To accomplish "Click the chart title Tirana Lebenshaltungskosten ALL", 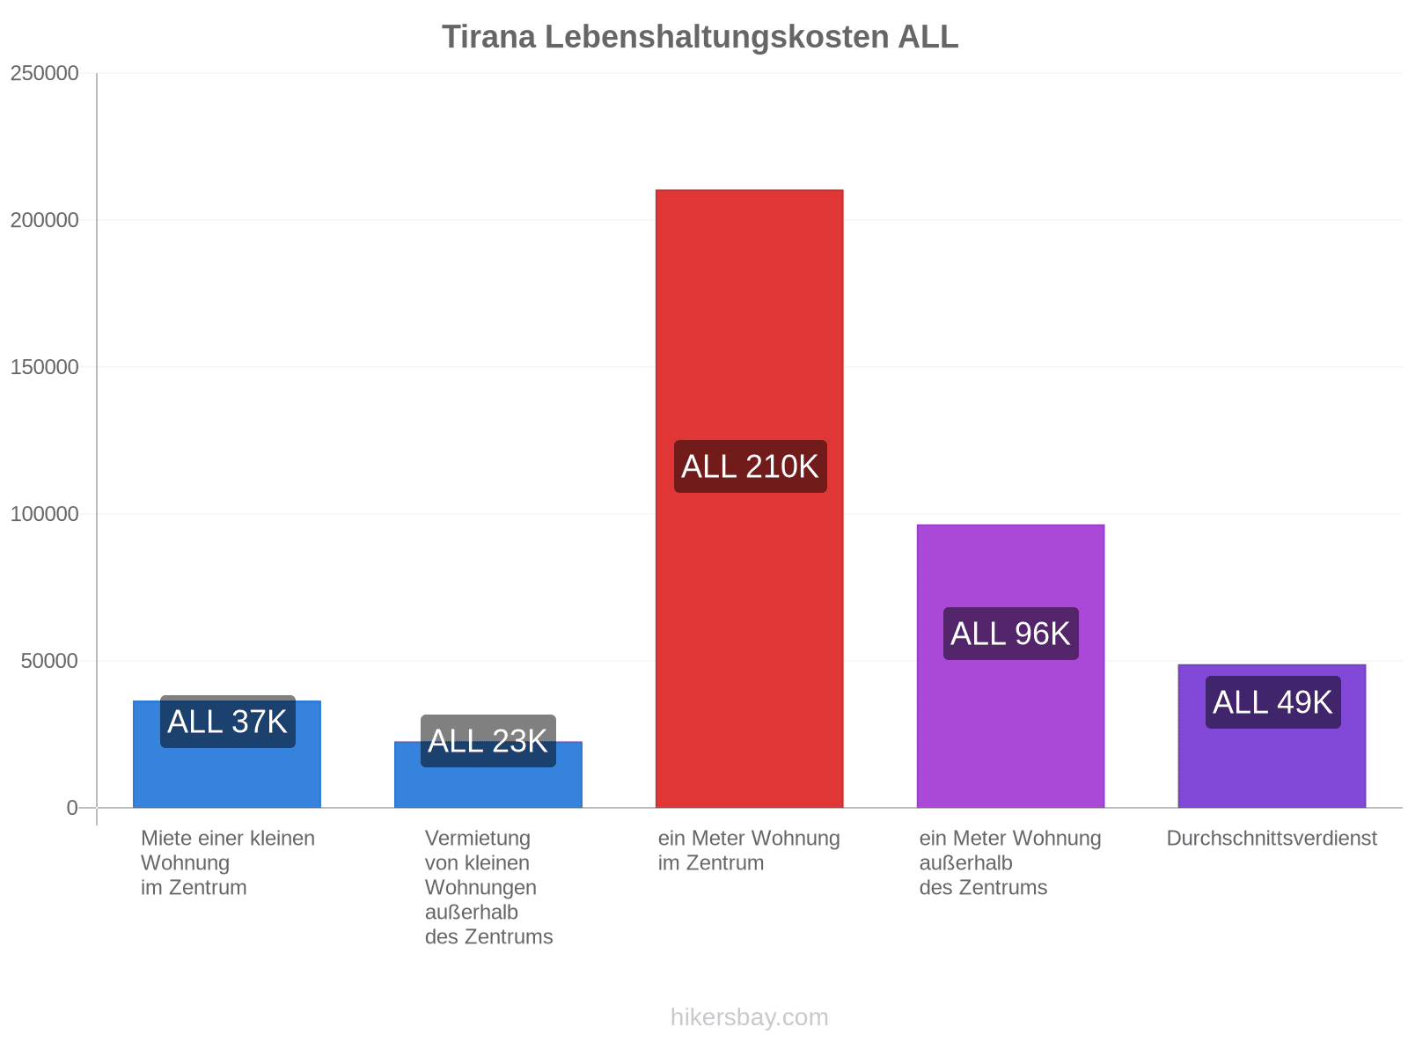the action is pos(700,37).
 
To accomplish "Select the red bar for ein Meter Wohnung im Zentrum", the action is pos(749,498).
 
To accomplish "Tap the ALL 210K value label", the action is pos(750,466).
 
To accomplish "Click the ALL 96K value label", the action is pos(1010,634).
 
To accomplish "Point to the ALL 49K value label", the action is pos(1272,702).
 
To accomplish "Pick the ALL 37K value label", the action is pos(228,722).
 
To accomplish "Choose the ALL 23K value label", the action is pos(488,741).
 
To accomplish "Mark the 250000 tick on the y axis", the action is pos(44,73).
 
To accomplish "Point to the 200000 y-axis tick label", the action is pos(44,220).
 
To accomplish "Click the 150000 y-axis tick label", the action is pos(44,367).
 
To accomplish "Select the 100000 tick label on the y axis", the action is pos(44,514).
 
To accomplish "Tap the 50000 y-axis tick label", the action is pos(49,660).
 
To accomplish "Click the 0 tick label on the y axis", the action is pos(72,807).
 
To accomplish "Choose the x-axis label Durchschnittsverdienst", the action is pos(1272,838).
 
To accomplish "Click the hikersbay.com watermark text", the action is pos(749,1017).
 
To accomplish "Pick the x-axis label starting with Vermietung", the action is pos(488,887).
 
